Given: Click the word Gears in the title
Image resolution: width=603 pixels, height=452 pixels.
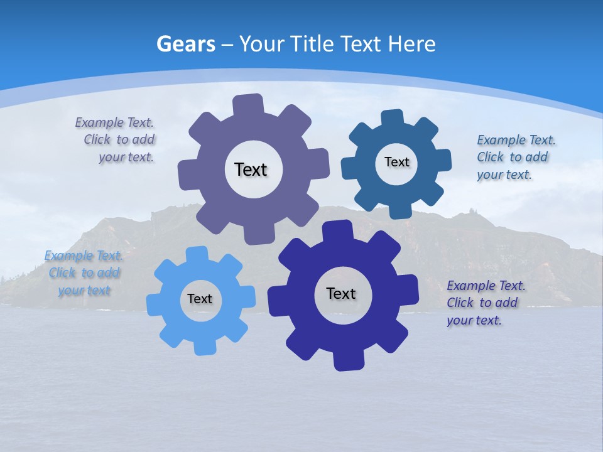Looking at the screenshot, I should tap(185, 44).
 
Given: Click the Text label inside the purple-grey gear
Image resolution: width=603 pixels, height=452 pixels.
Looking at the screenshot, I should tap(251, 169).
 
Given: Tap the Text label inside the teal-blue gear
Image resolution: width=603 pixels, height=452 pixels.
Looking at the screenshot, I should tap(396, 162).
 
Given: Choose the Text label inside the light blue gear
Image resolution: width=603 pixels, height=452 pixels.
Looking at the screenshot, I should tap(200, 299).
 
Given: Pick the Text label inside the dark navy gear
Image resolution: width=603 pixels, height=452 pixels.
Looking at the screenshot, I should tap(341, 293).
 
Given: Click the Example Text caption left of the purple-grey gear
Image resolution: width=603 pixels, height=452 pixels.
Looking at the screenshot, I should tap(116, 139).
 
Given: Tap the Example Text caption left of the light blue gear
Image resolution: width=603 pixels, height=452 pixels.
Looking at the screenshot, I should tap(84, 272).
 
